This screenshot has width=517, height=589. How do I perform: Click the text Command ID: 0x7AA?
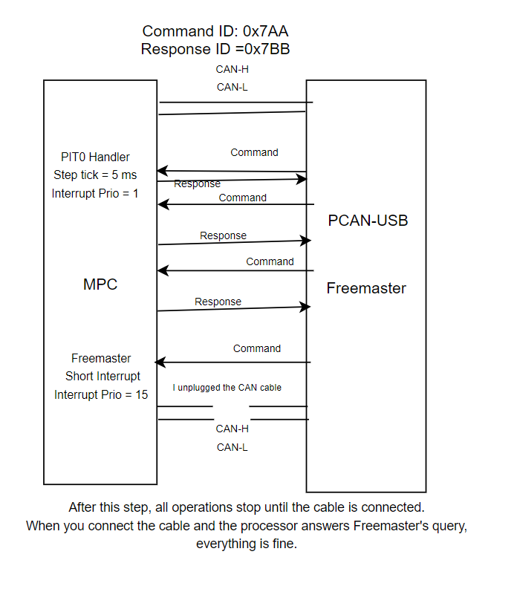215,31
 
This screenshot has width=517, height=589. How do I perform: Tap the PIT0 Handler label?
95,157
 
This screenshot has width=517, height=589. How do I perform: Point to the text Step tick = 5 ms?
95,175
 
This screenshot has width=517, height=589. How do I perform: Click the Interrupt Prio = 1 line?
95,193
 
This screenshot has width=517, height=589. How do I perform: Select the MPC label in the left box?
100,284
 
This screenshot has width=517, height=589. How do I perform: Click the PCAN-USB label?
368,221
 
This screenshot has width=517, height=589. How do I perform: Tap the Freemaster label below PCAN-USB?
366,288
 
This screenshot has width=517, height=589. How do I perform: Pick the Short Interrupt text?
103,376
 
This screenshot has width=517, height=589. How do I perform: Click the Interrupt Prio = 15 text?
101,394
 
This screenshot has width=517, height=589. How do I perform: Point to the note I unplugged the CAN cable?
227,388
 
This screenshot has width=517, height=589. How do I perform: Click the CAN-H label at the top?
232,69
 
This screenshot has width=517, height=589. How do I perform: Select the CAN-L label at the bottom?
232,447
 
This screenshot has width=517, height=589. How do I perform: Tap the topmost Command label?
254,152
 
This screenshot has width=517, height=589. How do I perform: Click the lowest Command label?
257,348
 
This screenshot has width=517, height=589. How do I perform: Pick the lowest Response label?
218,302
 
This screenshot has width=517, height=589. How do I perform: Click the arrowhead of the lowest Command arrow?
159,362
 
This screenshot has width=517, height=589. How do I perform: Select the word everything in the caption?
222,544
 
